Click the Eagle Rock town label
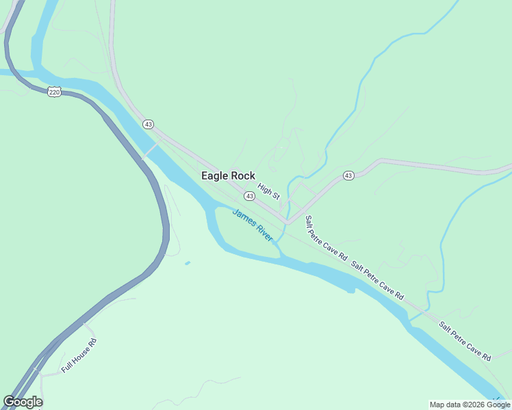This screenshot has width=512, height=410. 228,176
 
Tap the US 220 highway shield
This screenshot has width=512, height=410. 54,92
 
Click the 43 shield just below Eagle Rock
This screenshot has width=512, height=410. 250,196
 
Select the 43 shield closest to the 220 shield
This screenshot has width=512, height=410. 148,124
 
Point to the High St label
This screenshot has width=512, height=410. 269,191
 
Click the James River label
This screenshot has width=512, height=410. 253,225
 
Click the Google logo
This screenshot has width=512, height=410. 23,402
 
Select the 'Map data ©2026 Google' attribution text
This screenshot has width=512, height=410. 470,405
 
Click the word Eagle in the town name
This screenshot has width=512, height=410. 214,176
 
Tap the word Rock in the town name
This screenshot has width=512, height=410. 242,176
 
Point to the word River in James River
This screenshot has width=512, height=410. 263,233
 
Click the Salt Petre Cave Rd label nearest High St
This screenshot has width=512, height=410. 326,238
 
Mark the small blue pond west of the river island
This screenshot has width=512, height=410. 188,263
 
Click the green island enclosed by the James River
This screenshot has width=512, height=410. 246,236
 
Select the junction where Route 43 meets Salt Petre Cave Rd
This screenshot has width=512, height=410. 288,222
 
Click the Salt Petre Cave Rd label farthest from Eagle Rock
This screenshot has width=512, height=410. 465,341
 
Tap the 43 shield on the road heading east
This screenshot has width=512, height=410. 348,176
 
